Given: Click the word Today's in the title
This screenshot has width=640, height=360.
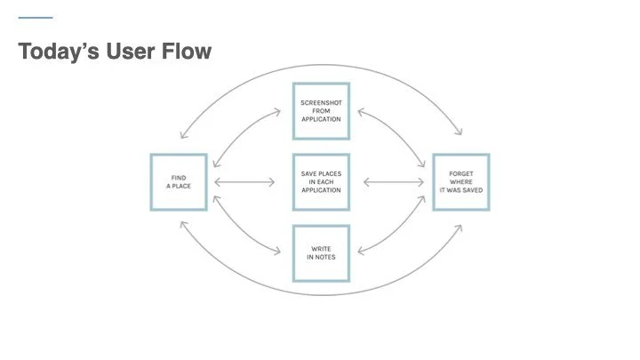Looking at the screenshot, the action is [59, 51].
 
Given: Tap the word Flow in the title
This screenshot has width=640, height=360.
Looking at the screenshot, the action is [187, 51].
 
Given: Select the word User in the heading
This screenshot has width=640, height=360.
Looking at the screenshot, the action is [131, 51].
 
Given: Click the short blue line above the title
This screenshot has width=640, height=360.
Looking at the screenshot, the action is [36, 18].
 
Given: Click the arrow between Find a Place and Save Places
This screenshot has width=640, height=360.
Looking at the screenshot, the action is [244, 182].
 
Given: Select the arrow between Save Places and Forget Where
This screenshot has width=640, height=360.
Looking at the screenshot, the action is [394, 182].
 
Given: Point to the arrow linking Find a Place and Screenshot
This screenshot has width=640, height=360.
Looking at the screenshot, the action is [242, 133].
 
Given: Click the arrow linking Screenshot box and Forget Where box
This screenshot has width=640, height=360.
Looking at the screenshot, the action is [396, 132].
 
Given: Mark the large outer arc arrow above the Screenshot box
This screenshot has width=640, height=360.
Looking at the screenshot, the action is [321, 65].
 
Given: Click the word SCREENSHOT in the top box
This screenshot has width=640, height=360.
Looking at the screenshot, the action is [321, 103].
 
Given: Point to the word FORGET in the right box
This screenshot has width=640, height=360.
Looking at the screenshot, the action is [461, 174].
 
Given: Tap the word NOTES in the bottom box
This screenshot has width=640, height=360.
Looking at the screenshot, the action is [325, 257].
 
